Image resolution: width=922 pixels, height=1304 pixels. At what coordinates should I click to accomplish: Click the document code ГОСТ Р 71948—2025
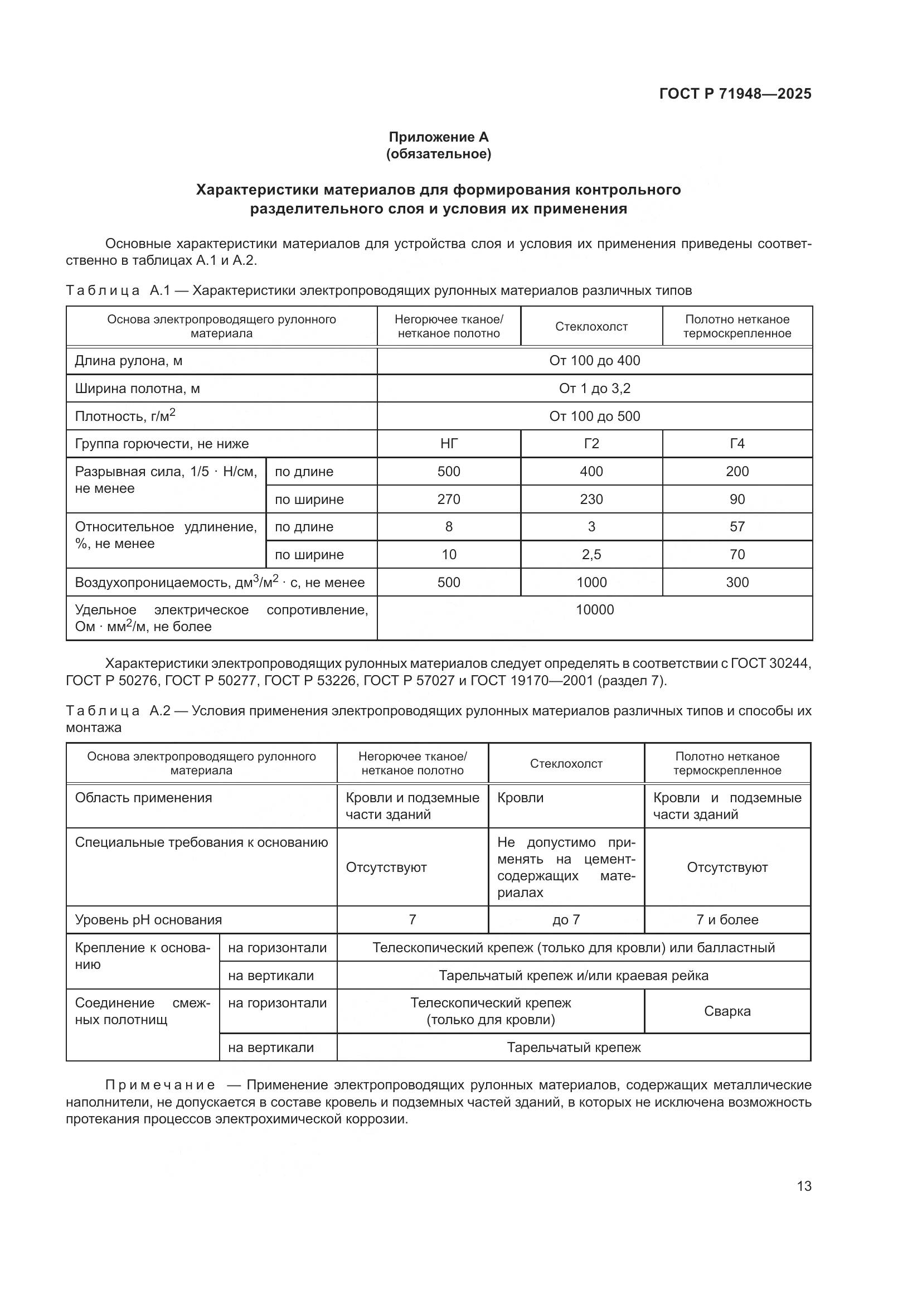coord(735,94)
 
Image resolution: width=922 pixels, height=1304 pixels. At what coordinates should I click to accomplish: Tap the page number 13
coord(804,1186)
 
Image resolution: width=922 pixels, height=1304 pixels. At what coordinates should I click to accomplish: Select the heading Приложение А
coord(438,137)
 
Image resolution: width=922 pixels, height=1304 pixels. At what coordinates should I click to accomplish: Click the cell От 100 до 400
coord(594,361)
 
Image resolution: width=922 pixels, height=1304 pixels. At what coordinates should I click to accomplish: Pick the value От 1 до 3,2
coord(594,389)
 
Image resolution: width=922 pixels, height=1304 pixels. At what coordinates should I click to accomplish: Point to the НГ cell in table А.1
coord(449,444)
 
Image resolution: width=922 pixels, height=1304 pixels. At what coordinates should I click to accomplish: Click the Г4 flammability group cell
coord(737,444)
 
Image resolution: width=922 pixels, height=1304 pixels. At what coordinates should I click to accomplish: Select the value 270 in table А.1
coord(449,499)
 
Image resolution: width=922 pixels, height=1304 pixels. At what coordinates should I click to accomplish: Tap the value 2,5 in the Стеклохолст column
coord(591,554)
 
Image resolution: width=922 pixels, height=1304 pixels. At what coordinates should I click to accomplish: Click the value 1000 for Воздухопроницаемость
coord(591,582)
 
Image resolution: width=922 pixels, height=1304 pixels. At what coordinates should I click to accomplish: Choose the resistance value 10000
coord(594,610)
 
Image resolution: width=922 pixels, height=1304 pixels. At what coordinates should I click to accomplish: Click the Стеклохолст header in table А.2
coord(566,763)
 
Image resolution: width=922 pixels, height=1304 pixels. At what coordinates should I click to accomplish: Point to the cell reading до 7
coord(566,919)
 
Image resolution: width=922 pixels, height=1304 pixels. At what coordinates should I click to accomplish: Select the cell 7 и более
coord(727,919)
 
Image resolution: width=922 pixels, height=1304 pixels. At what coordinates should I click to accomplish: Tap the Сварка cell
coord(727,1011)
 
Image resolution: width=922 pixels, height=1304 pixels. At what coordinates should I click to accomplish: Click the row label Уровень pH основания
coord(148,919)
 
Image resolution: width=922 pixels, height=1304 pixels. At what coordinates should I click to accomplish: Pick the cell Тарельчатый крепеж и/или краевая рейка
coord(574,976)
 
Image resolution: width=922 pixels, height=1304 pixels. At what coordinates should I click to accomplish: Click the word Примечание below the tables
coord(160,1085)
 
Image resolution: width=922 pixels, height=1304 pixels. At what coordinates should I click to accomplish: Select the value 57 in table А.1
coord(737,526)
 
